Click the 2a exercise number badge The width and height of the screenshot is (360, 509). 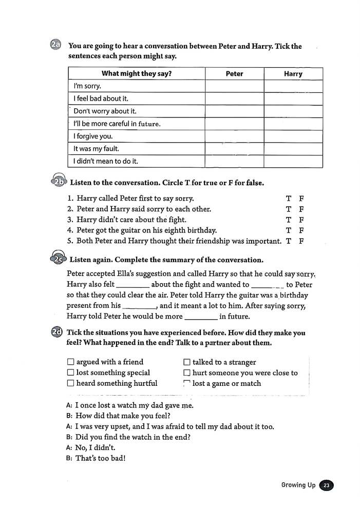[56, 46]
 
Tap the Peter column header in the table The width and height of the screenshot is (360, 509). [234, 74]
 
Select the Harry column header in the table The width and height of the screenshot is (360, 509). [293, 74]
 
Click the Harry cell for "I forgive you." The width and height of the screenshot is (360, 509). [293, 136]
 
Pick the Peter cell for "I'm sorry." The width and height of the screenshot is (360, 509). [234, 86]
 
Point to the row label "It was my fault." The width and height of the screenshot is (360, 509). [97, 149]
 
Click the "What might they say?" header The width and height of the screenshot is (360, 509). [137, 74]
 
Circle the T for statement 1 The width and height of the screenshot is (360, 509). [289, 199]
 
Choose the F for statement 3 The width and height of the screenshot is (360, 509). [301, 220]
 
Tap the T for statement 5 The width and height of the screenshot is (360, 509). [289, 241]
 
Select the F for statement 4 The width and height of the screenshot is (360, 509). [301, 230]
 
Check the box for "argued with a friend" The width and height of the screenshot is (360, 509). [71, 362]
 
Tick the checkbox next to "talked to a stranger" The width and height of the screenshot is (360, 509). [187, 362]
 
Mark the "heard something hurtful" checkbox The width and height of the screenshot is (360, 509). [71, 383]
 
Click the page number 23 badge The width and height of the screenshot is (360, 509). [327, 485]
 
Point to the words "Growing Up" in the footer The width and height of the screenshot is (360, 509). [298, 485]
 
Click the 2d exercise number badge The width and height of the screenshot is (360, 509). [56, 332]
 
